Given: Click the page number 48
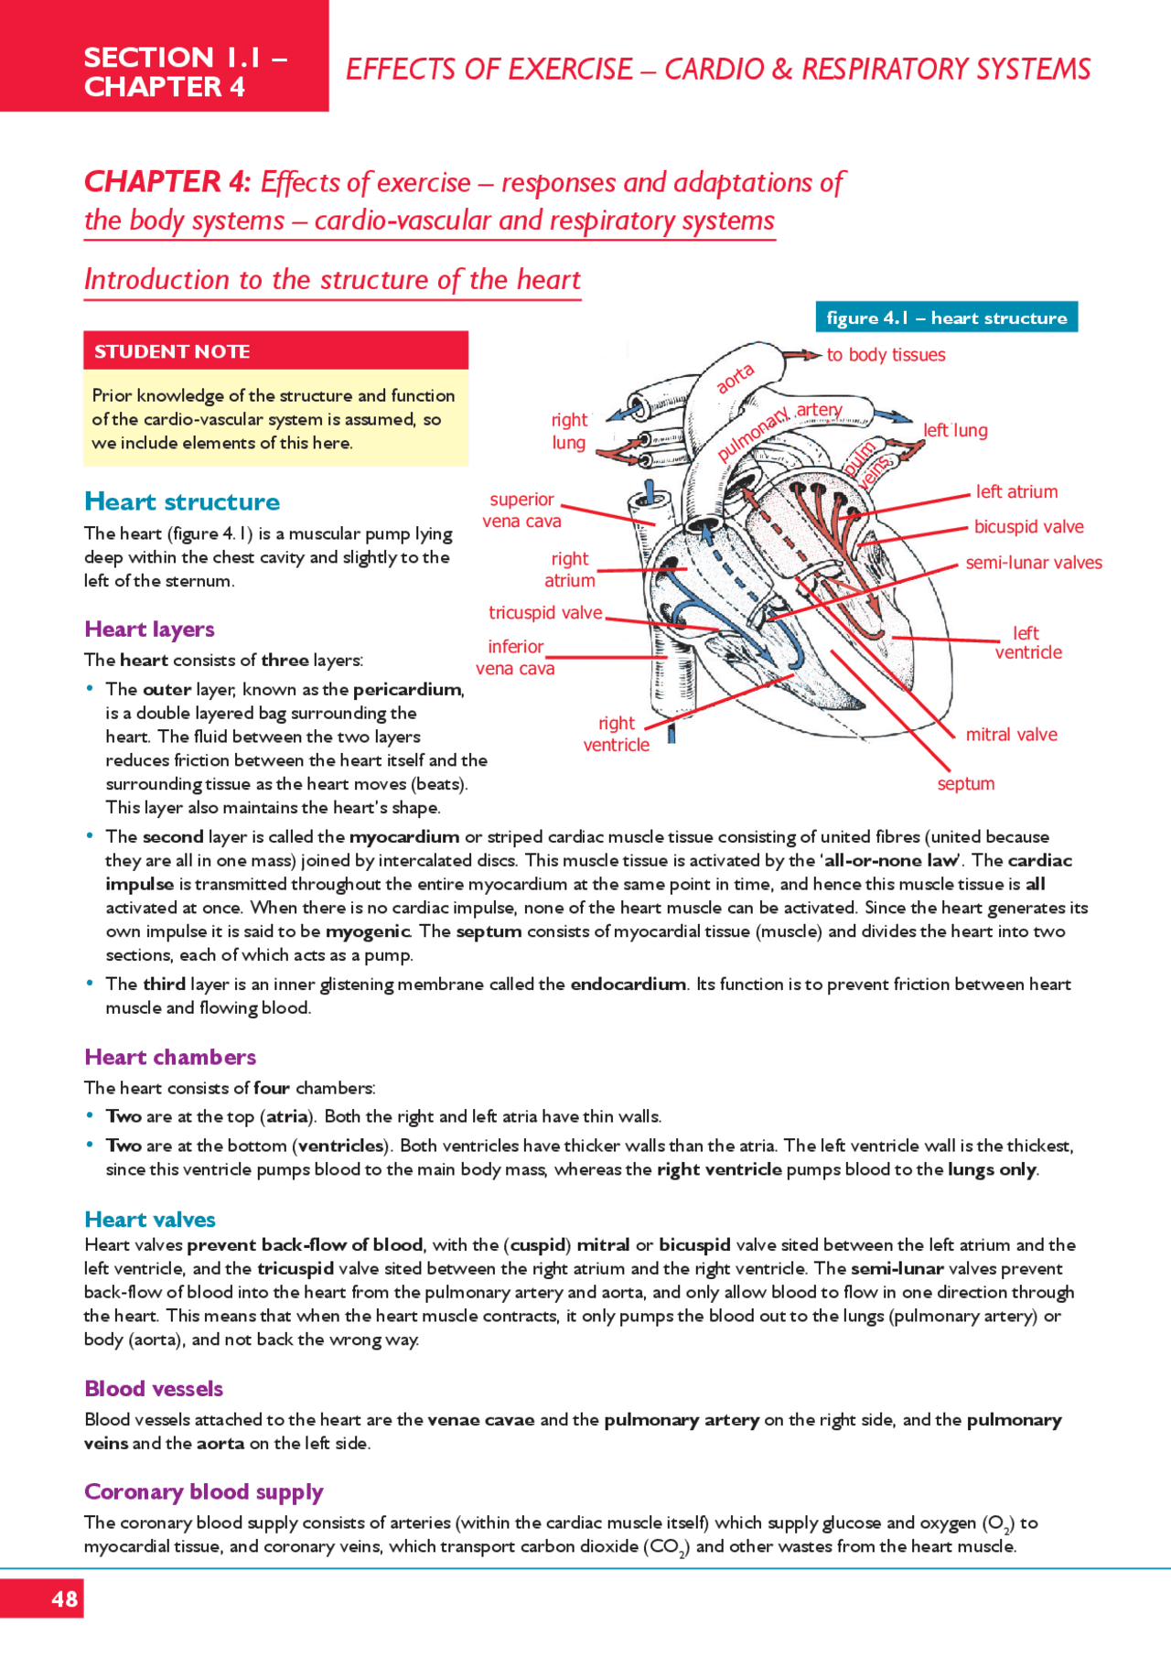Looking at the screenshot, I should pyautogui.click(x=64, y=1598).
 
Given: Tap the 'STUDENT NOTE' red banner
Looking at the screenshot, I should pyautogui.click(x=275, y=351).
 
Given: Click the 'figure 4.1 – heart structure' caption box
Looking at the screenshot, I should pyautogui.click(x=946, y=317).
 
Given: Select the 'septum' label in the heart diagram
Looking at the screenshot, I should pyautogui.click(x=965, y=783).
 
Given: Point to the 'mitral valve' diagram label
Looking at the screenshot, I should pyautogui.click(x=1011, y=735).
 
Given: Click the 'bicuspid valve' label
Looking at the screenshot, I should pyautogui.click(x=1028, y=527).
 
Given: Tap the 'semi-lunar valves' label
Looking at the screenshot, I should pyautogui.click(x=1034, y=563).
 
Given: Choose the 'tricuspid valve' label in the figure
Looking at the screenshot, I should pyautogui.click(x=545, y=612).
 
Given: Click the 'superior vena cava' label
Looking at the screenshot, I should pyautogui.click(x=521, y=510).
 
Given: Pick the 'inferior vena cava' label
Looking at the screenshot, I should pyautogui.click(x=515, y=657).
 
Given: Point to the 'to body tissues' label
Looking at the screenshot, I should pyautogui.click(x=886, y=355).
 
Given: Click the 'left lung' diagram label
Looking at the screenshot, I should pyautogui.click(x=955, y=430).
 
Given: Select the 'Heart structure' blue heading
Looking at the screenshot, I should pyautogui.click(x=182, y=501).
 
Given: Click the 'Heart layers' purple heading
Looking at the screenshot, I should pyautogui.click(x=149, y=629).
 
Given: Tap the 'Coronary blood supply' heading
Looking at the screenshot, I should pyautogui.click(x=203, y=1491).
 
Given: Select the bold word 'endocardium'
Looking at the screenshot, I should pyautogui.click(x=628, y=984).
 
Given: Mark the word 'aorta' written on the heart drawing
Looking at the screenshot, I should pyautogui.click(x=735, y=378).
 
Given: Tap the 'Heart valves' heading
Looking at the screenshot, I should pyautogui.click(x=150, y=1219).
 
